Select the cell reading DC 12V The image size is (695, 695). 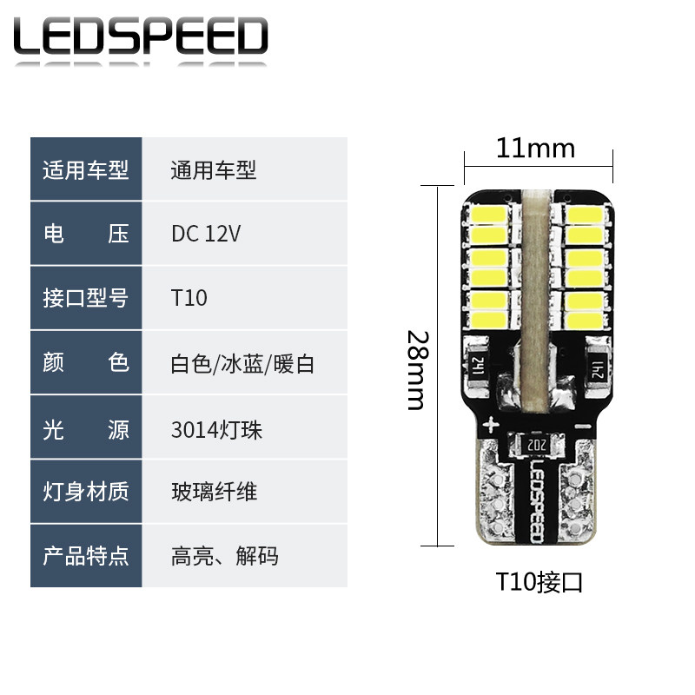206,234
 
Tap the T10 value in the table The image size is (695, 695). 189,298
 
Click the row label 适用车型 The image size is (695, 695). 85,169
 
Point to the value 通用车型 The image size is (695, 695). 213,169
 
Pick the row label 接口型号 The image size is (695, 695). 85,298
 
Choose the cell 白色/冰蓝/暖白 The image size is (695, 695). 242,362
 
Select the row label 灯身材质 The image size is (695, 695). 85,492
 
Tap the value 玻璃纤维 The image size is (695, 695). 214,492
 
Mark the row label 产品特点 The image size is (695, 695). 85,555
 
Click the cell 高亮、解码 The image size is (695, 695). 224,555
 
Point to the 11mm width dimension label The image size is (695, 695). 535,149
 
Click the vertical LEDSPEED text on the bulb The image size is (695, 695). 536,500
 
